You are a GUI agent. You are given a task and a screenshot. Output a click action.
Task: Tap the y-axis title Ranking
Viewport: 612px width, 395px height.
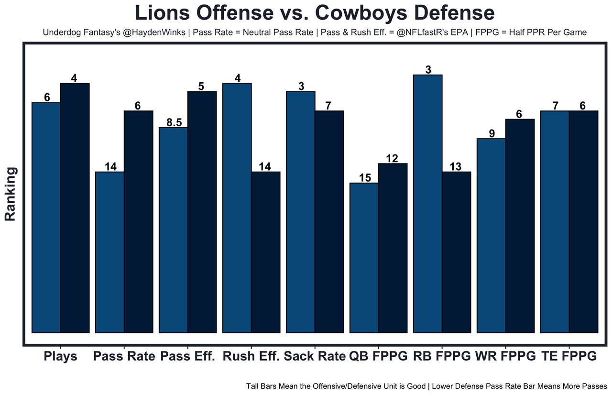pos(11,194)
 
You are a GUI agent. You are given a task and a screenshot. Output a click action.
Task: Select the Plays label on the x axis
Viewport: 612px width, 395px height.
pos(60,357)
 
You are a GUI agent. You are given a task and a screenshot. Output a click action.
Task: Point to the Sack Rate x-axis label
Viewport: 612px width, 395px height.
pos(315,357)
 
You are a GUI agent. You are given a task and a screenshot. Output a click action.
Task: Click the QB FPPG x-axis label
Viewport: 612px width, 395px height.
pos(378,357)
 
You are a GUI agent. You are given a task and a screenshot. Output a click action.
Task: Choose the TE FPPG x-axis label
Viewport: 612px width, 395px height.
pos(569,357)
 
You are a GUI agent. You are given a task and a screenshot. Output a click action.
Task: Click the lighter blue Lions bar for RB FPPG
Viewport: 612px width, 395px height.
pos(427,203)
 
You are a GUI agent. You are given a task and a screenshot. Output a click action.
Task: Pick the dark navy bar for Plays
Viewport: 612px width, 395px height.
pos(75,208)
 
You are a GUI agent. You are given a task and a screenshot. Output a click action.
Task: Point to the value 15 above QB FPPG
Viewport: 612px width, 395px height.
pos(364,178)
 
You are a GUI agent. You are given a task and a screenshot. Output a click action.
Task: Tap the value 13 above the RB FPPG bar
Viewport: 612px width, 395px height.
pos(456,167)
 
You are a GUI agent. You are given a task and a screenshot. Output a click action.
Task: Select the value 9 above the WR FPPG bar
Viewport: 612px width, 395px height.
pos(492,133)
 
